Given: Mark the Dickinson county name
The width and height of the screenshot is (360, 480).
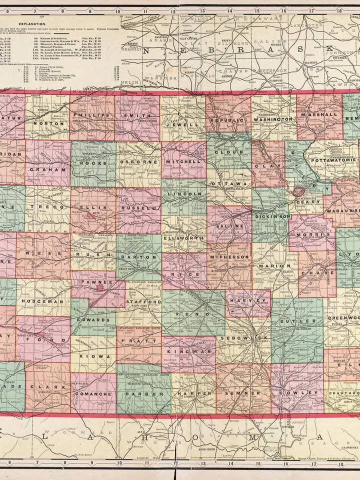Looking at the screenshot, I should pyautogui.click(x=272, y=216).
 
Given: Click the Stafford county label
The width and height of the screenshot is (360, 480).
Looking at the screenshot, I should pyautogui.click(x=136, y=302).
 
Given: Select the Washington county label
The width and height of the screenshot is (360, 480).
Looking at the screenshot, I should pyautogui.click(x=273, y=120).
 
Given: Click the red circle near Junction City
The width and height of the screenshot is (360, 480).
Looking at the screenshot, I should pyautogui.click(x=298, y=191).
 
